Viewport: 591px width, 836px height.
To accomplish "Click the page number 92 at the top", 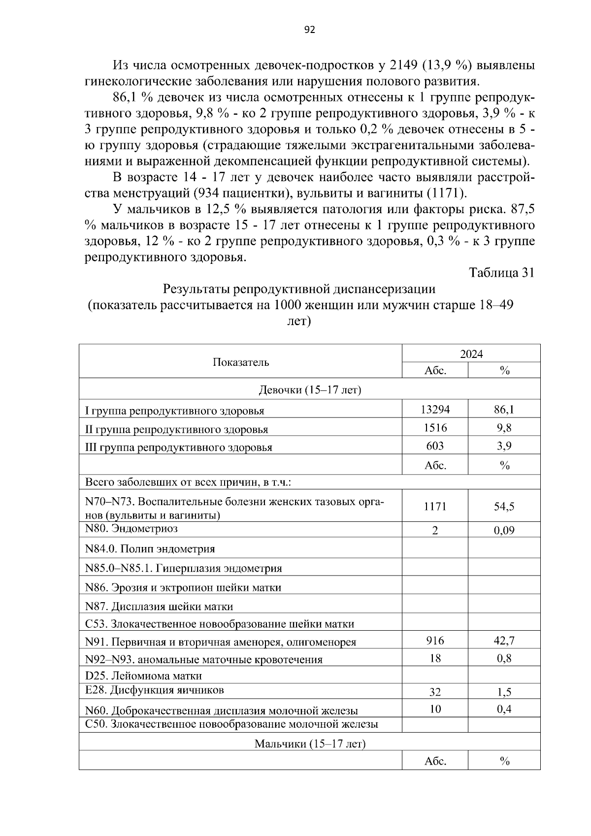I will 309,30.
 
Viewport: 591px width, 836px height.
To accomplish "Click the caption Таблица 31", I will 501,272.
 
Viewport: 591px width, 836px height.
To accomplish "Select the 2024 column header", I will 471,354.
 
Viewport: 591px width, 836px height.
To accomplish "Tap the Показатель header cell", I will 241,362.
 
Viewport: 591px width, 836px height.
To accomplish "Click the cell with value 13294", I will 435,409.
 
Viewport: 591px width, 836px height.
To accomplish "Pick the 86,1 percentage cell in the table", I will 504,409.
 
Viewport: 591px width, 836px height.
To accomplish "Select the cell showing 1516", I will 435,427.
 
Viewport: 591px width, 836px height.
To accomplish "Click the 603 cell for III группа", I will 435,446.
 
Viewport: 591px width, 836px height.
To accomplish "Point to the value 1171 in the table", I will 435,506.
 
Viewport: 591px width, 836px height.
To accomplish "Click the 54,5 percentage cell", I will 504,506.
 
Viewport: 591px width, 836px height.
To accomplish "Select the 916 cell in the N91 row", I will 435,640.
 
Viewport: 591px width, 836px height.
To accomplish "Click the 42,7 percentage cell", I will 504,640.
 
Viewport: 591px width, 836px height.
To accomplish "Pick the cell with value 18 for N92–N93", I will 435,658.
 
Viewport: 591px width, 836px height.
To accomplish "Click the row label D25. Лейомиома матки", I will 143,676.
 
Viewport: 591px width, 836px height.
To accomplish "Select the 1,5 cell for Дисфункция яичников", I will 504,692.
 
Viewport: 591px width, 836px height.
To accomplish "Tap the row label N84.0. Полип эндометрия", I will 150,548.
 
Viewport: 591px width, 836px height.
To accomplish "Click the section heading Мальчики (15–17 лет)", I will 309,743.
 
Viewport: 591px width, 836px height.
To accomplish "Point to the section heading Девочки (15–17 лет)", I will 309,390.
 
